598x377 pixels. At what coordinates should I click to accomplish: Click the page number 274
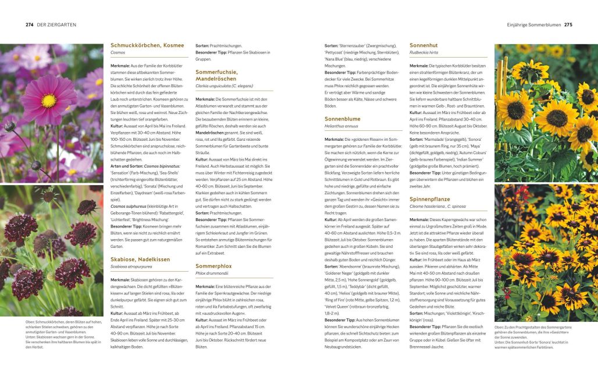29,24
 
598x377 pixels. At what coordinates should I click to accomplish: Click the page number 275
568,24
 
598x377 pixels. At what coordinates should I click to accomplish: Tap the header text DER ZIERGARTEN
56,24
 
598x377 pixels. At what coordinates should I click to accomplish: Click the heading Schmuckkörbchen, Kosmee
147,45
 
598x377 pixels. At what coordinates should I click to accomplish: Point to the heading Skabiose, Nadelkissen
140,259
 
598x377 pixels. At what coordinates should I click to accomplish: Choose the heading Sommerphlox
213,266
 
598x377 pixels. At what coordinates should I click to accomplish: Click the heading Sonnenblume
343,119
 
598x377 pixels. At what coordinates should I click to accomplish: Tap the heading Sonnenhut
423,45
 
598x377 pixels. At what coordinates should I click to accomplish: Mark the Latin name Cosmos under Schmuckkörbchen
118,52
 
